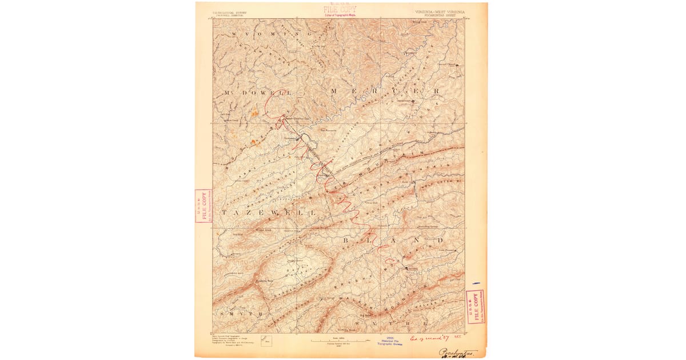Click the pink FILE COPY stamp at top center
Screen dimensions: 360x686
tap(340, 10)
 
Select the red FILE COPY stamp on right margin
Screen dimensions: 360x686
tap(475, 307)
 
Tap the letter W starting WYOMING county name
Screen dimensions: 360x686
tap(236, 35)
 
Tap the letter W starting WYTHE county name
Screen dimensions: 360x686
tap(357, 323)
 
